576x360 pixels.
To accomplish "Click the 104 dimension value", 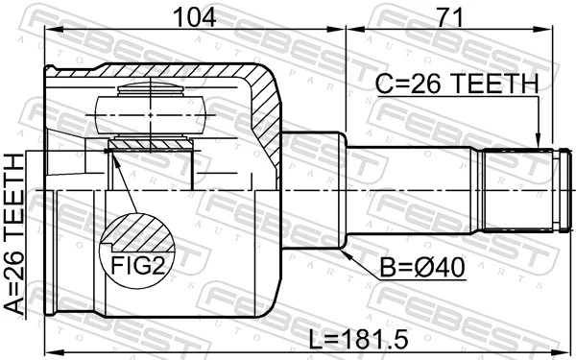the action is click(x=194, y=17).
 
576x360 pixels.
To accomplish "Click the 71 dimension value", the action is click(x=448, y=17).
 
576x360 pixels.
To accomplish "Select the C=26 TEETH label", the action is click(x=457, y=84).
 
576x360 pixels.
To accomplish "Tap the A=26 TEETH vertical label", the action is click(x=14, y=234).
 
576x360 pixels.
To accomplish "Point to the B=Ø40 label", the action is click(x=422, y=268).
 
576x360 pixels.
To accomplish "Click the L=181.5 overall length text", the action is click(x=358, y=339).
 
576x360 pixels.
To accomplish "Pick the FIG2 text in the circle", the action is click(x=137, y=265).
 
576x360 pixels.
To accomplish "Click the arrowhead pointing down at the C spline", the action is click(x=539, y=141).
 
